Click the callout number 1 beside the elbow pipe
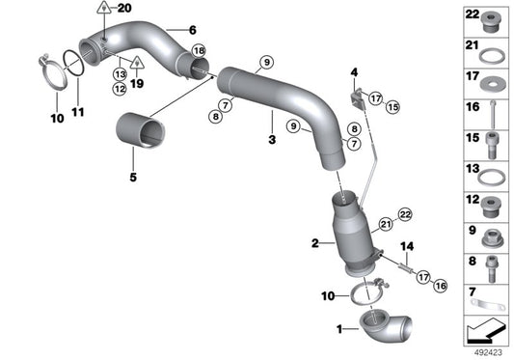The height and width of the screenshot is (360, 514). [338, 330]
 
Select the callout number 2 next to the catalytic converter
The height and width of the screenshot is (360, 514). [314, 244]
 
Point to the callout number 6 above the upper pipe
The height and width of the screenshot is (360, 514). [191, 30]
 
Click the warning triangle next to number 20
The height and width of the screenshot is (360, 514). [103, 10]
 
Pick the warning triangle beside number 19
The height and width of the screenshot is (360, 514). [137, 63]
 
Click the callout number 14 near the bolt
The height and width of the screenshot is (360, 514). [406, 247]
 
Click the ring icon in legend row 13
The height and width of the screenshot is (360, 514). [491, 179]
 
